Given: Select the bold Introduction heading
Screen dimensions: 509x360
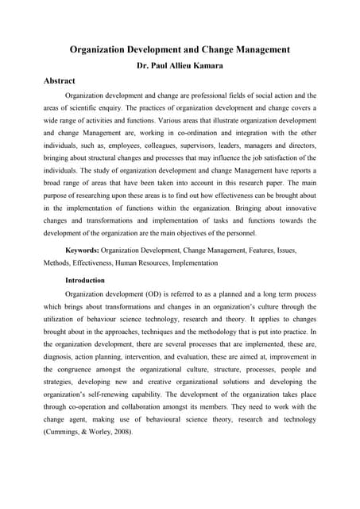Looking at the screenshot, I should click(84, 280).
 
